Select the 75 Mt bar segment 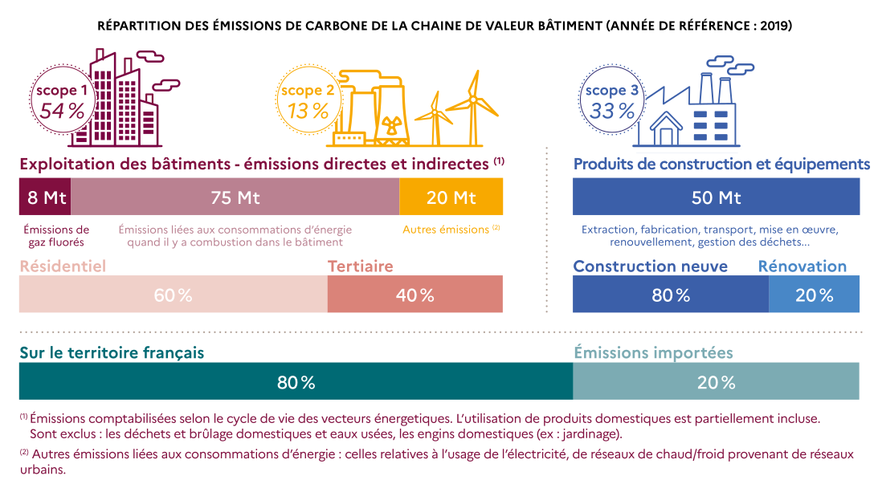235,197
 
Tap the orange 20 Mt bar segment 451,197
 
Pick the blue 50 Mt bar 716,197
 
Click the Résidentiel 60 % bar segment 173,295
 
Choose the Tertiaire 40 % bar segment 414,295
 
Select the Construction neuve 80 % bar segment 671,295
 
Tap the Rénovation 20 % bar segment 814,295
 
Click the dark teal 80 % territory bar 296,381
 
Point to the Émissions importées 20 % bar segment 716,381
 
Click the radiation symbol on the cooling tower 392,126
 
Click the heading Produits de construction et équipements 721,165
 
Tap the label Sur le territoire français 112,352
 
